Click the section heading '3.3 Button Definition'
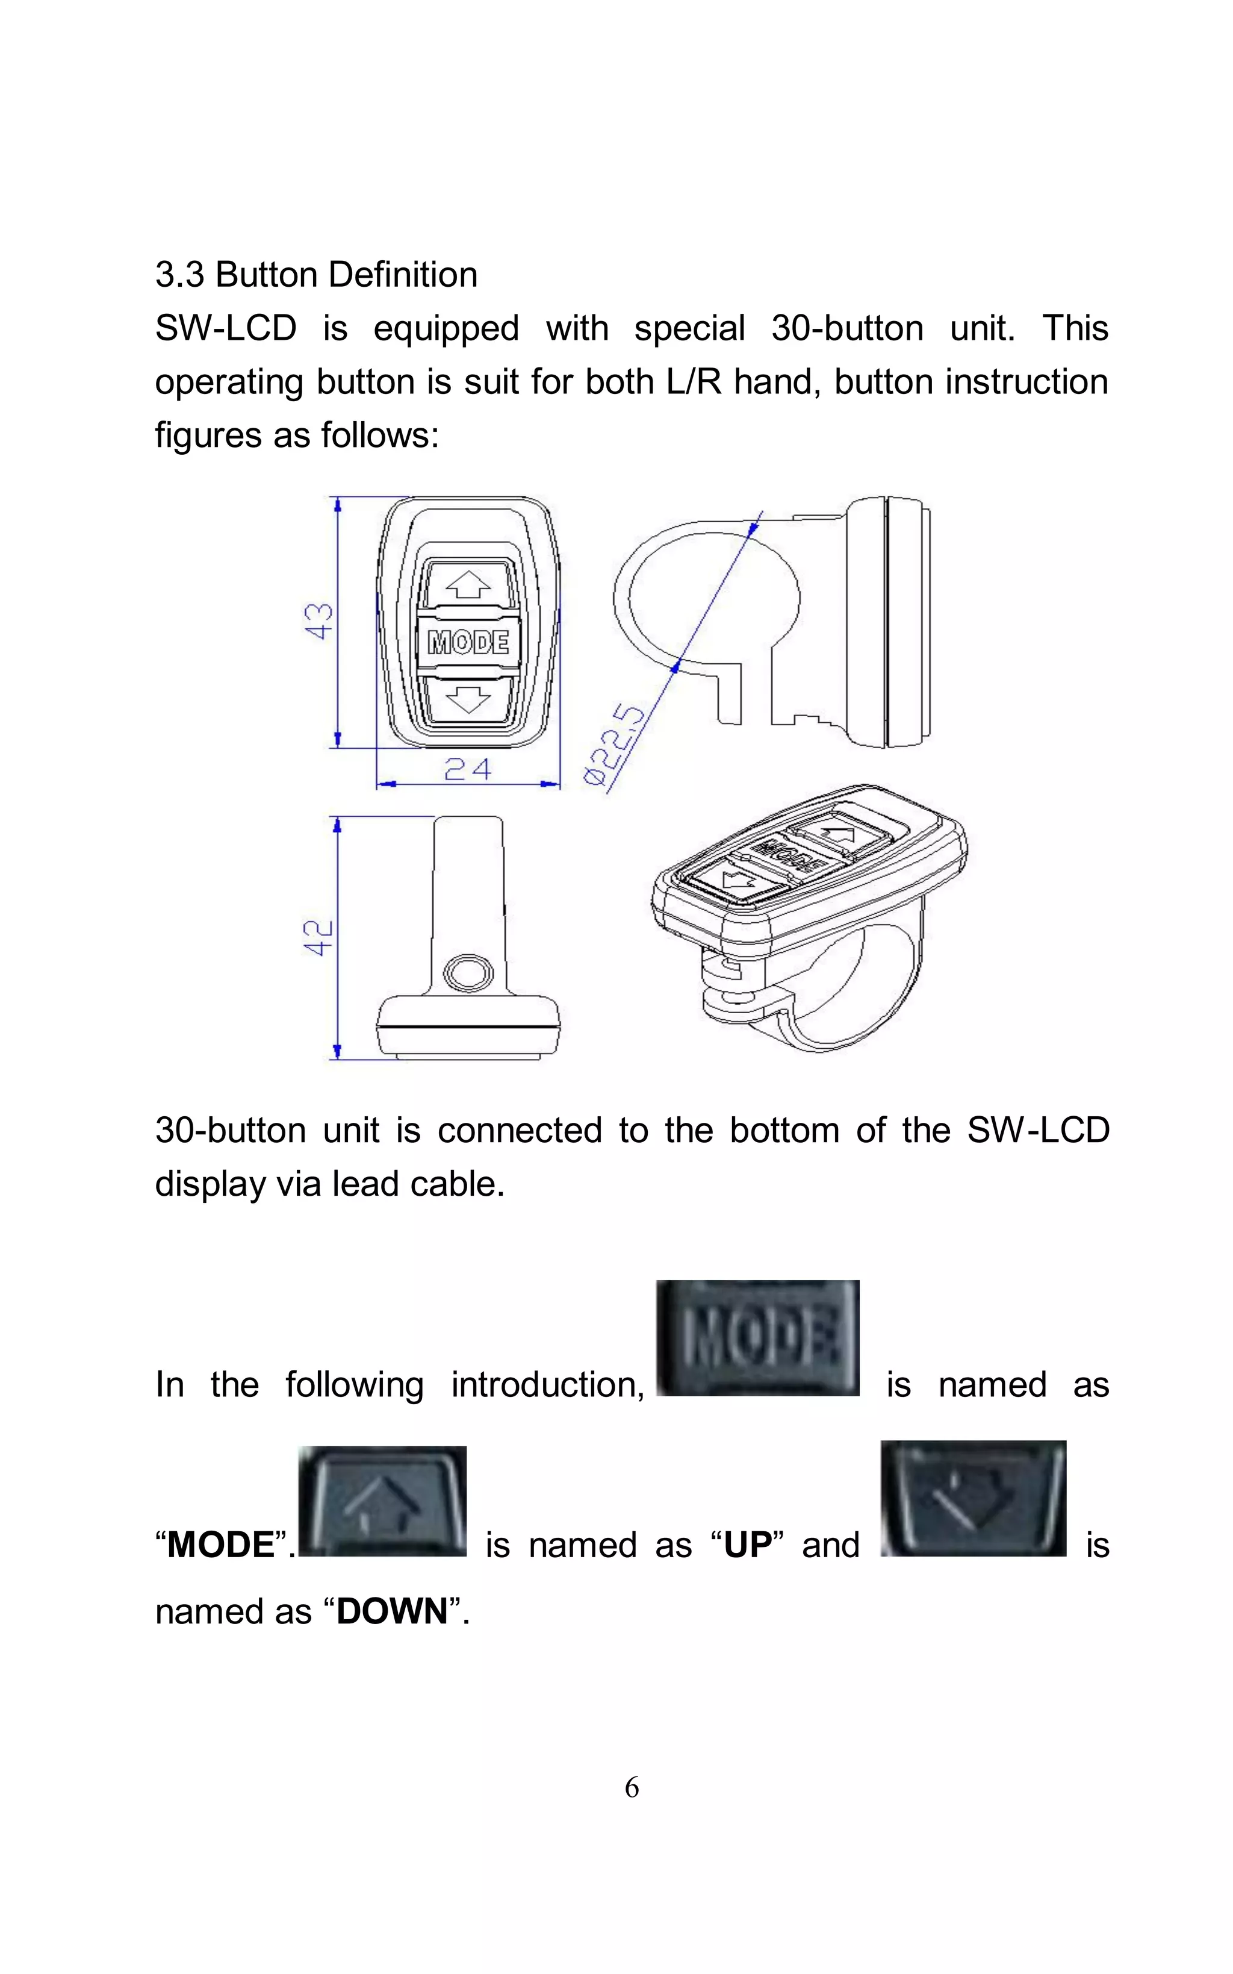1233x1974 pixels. click(x=317, y=275)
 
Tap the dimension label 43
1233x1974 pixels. click(x=320, y=622)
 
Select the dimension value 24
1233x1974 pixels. click(x=467, y=769)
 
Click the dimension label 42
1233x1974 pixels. click(x=319, y=937)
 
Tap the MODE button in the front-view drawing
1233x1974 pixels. click(x=468, y=643)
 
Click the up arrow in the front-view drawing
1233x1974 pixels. click(x=468, y=584)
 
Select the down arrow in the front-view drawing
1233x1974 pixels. click(x=468, y=699)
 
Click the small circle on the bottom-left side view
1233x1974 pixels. click(x=467, y=972)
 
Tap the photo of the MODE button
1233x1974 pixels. click(x=757, y=1338)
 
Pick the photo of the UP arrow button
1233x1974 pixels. click(x=382, y=1501)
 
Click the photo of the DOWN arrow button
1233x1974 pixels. click(x=973, y=1499)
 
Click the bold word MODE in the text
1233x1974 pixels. click(x=220, y=1545)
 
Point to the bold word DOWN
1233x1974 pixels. click(x=393, y=1611)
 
